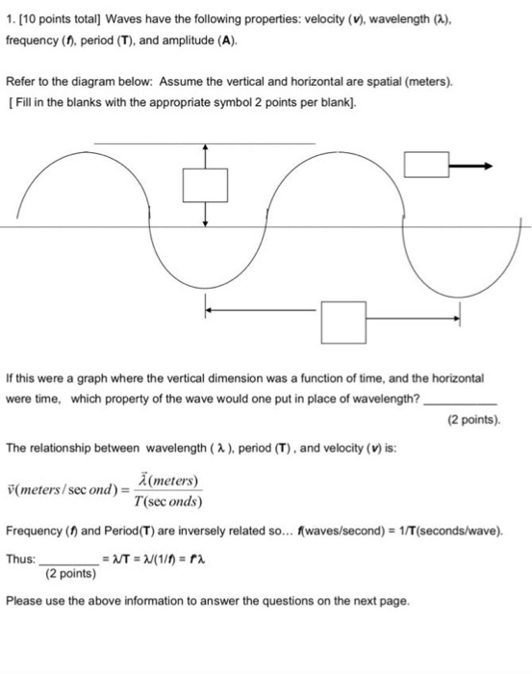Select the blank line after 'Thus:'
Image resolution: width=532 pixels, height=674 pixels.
(66, 559)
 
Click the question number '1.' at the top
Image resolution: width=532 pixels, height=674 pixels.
(11, 23)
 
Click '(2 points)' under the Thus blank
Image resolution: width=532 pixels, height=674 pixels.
(70, 575)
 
